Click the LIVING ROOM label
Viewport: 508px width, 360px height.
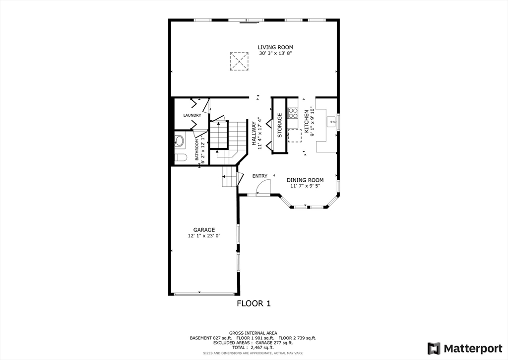tap(275, 47)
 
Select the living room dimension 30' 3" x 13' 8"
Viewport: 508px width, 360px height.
tap(275, 53)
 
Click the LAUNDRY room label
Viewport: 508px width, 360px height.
tap(192, 116)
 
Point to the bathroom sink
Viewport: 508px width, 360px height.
tap(179, 141)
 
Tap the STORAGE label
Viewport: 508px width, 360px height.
tap(280, 125)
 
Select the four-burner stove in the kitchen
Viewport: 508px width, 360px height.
tap(293, 113)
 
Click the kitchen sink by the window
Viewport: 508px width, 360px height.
tap(332, 121)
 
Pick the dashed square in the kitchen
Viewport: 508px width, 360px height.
tap(295, 136)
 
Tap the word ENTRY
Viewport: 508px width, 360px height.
tap(259, 176)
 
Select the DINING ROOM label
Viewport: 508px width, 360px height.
tap(305, 180)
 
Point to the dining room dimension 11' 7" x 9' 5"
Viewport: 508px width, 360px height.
tap(305, 186)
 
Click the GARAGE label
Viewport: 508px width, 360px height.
tap(204, 230)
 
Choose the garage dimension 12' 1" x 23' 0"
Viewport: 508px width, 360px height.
tap(204, 236)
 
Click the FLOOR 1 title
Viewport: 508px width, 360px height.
tap(254, 303)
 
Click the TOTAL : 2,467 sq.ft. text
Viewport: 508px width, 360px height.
tap(254, 347)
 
